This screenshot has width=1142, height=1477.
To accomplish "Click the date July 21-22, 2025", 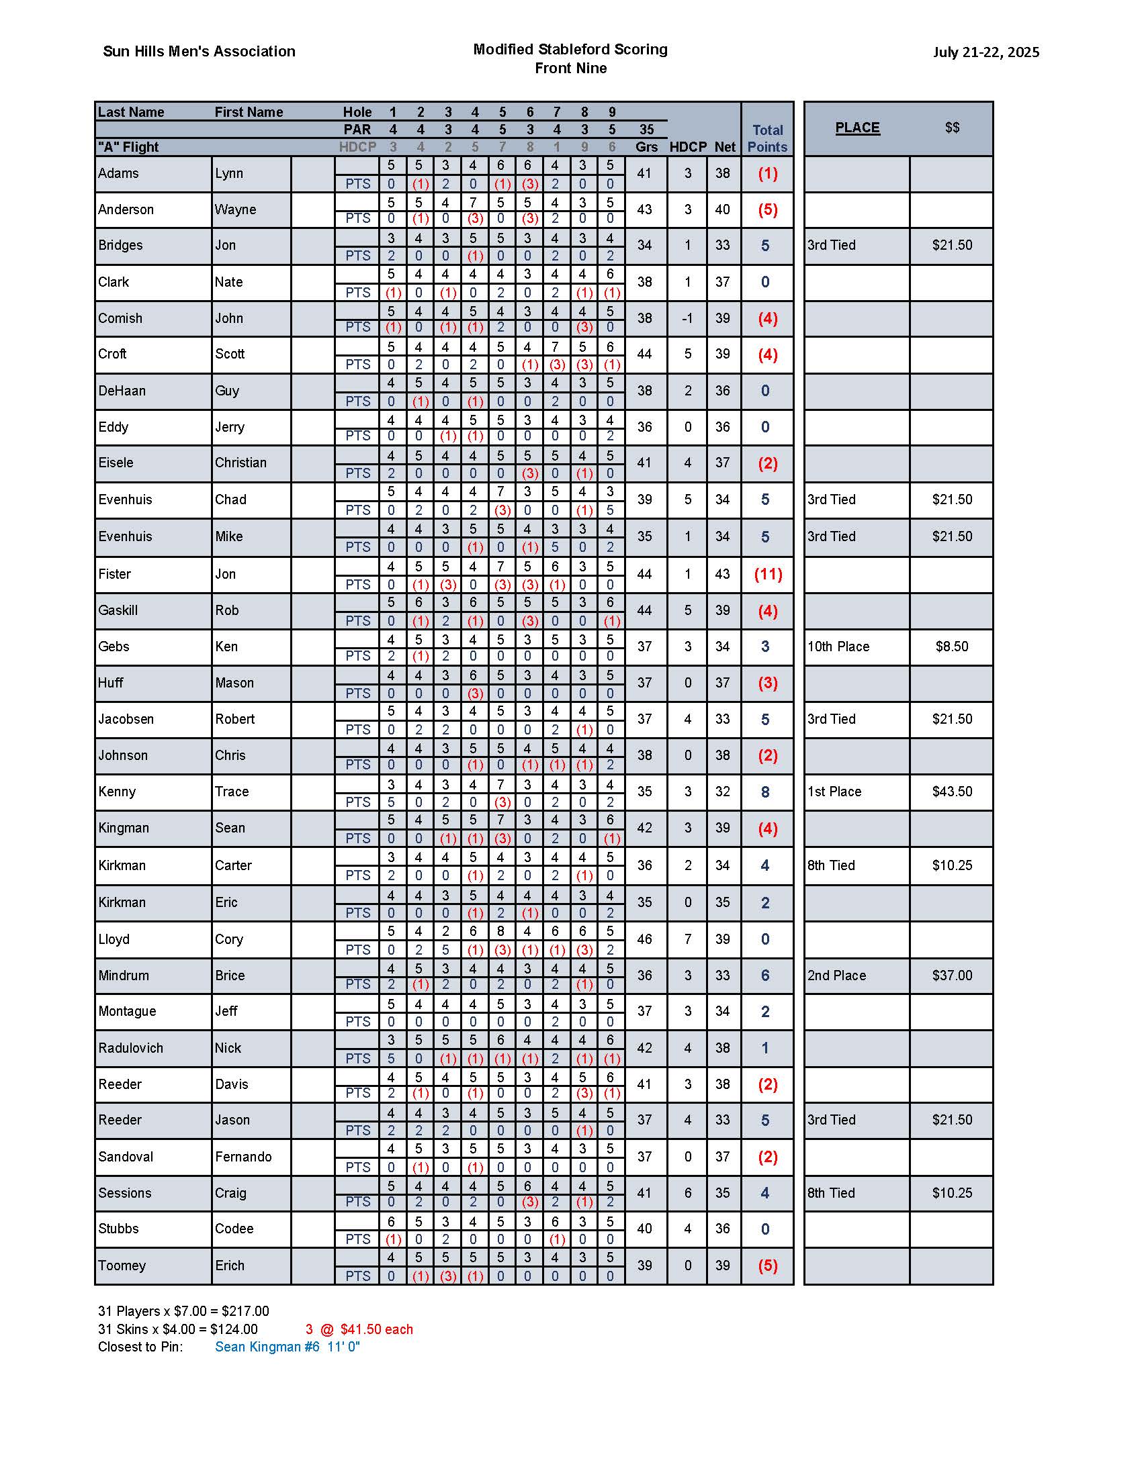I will coord(985,52).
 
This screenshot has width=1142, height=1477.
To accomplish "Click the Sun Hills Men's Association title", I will coord(199,52).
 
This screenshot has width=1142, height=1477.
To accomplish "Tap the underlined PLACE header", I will coord(857,128).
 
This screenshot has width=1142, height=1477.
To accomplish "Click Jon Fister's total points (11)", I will coord(768,575).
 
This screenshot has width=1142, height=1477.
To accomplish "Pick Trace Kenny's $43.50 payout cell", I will coord(952,792).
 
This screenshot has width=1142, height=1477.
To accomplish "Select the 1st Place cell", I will coord(834,792).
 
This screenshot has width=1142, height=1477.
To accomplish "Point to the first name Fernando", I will coord(243,1157).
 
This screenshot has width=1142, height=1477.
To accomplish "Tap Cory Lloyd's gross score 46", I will coord(644,939).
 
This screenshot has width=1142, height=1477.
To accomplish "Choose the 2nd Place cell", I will coord(836,976).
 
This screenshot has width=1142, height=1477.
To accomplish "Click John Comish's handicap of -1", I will coord(687,318).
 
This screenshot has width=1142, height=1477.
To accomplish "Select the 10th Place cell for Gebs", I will coord(838,647).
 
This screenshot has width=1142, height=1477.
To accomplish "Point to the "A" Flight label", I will coord(128,148).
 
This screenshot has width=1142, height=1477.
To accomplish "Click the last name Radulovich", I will coord(130,1048).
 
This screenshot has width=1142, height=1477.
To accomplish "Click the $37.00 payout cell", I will coord(952,976).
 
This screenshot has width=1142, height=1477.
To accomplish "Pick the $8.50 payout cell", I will coord(952,647).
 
